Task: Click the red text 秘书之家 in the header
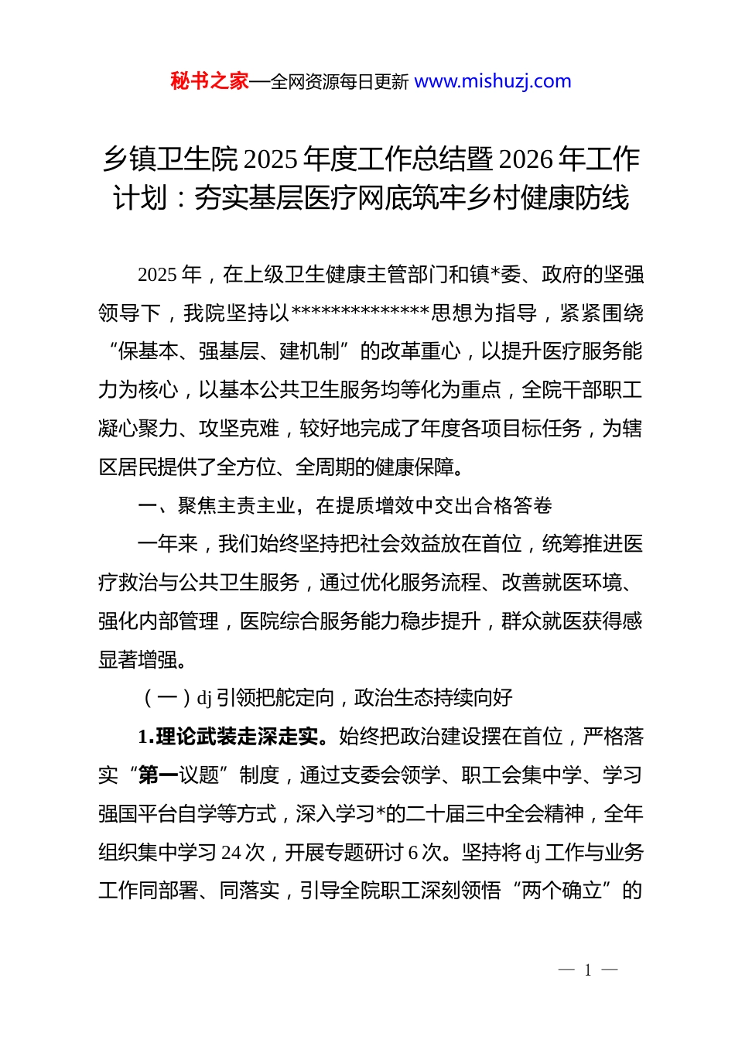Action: (x=210, y=81)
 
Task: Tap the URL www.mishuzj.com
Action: (x=493, y=81)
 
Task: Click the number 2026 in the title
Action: (x=527, y=159)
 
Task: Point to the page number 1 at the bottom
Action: (x=588, y=970)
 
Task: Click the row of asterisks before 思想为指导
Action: (x=360, y=313)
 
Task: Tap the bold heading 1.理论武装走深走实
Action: (x=228, y=737)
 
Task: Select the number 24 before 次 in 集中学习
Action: (x=231, y=853)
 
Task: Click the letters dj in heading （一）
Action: (x=204, y=699)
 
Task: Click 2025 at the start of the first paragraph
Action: (x=158, y=275)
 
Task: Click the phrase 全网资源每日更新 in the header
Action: (x=340, y=82)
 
